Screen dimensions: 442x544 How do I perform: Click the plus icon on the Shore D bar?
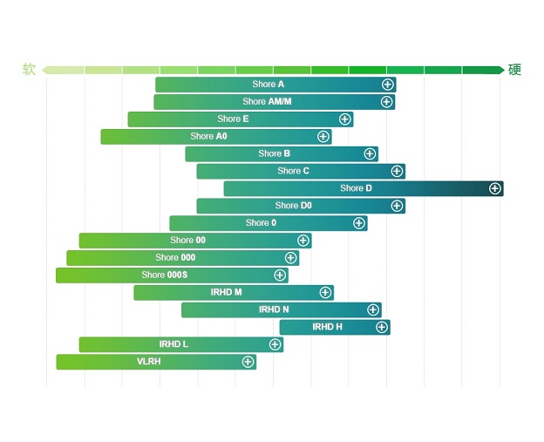pyautogui.click(x=495, y=188)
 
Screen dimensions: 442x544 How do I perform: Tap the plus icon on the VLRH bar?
pyautogui.click(x=248, y=362)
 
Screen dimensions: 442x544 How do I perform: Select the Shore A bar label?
pyautogui.click(x=269, y=85)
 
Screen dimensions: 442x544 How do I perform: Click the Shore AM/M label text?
pyautogui.click(x=267, y=102)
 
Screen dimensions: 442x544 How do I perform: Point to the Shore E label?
pyautogui.click(x=233, y=119)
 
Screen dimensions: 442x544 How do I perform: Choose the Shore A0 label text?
pyautogui.click(x=208, y=137)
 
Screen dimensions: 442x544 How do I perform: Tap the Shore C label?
pyautogui.click(x=293, y=171)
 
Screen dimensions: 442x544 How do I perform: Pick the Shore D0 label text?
pyautogui.click(x=293, y=206)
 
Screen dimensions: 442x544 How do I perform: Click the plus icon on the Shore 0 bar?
pyautogui.click(x=359, y=223)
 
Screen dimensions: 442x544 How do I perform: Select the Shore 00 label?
pyautogui.click(x=188, y=241)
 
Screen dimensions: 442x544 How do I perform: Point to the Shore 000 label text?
pyautogui.click(x=175, y=258)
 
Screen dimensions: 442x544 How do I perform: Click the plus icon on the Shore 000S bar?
pyautogui.click(x=280, y=275)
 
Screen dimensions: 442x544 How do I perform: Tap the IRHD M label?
pyautogui.click(x=227, y=292)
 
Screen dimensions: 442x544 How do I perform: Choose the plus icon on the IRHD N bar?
pyautogui.click(x=373, y=309)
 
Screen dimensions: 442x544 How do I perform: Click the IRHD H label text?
pyautogui.click(x=328, y=327)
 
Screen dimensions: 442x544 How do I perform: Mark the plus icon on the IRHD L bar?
pyautogui.click(x=275, y=344)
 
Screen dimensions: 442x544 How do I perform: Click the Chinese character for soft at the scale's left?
pyautogui.click(x=30, y=70)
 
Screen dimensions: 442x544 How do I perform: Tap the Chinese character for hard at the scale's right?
pyautogui.click(x=514, y=70)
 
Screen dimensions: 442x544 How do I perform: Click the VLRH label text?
pyautogui.click(x=149, y=362)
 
